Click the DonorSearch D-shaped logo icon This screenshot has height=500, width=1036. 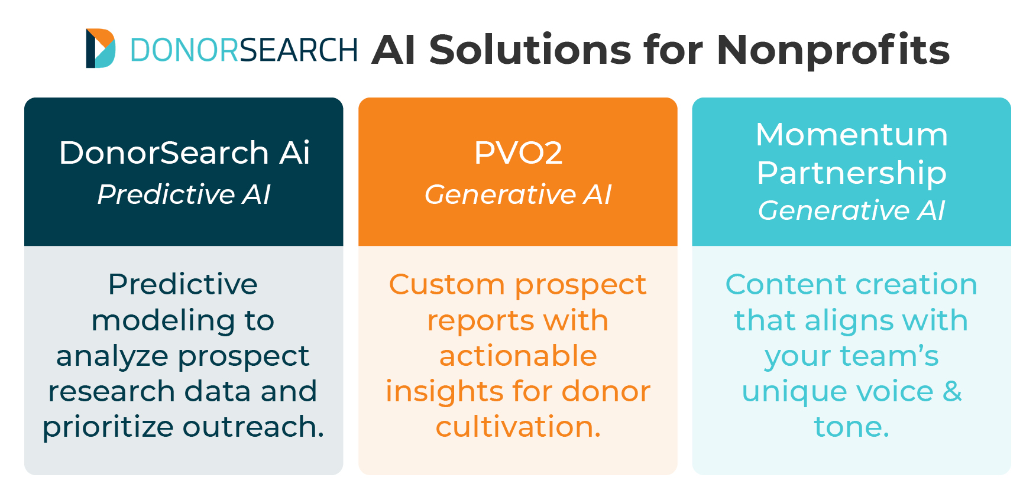tap(101, 48)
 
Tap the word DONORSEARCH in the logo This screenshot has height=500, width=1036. tap(244, 50)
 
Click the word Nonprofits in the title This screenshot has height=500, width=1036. tap(833, 51)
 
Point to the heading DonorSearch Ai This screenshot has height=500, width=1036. tap(184, 152)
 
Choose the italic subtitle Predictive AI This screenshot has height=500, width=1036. tap(184, 194)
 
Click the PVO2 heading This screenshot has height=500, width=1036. tap(518, 153)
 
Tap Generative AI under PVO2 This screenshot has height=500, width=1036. tap(518, 194)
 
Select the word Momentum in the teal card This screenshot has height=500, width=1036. tap(852, 135)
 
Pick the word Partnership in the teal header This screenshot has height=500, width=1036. tap(852, 173)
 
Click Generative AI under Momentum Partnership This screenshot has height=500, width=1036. tap(852, 210)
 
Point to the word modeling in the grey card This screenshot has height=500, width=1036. tap(158, 321)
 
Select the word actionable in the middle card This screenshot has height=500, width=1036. tap(518, 356)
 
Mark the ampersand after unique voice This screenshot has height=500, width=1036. tap(952, 391)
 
